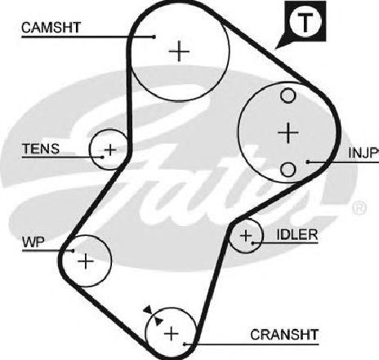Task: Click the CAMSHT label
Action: click(x=51, y=28)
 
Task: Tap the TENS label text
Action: click(x=41, y=149)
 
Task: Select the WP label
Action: click(x=33, y=242)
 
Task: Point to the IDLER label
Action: click(x=297, y=234)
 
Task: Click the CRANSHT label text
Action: click(x=284, y=335)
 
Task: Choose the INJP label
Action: click(x=363, y=153)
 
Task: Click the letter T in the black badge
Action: click(x=305, y=22)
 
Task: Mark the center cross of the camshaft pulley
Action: click(x=179, y=51)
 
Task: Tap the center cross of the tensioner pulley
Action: click(x=110, y=149)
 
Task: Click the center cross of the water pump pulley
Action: click(x=86, y=261)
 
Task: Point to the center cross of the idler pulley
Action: click(x=246, y=236)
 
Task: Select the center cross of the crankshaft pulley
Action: click(x=172, y=334)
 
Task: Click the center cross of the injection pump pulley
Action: click(x=288, y=133)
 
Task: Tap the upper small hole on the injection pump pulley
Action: click(x=288, y=96)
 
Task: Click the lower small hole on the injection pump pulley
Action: click(x=288, y=169)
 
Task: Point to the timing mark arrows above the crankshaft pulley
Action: click(x=154, y=316)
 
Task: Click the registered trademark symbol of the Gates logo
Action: click(x=359, y=208)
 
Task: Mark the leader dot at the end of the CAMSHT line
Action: click(x=154, y=37)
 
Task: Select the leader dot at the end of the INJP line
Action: click(x=308, y=162)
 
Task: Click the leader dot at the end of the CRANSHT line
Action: click(x=185, y=344)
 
